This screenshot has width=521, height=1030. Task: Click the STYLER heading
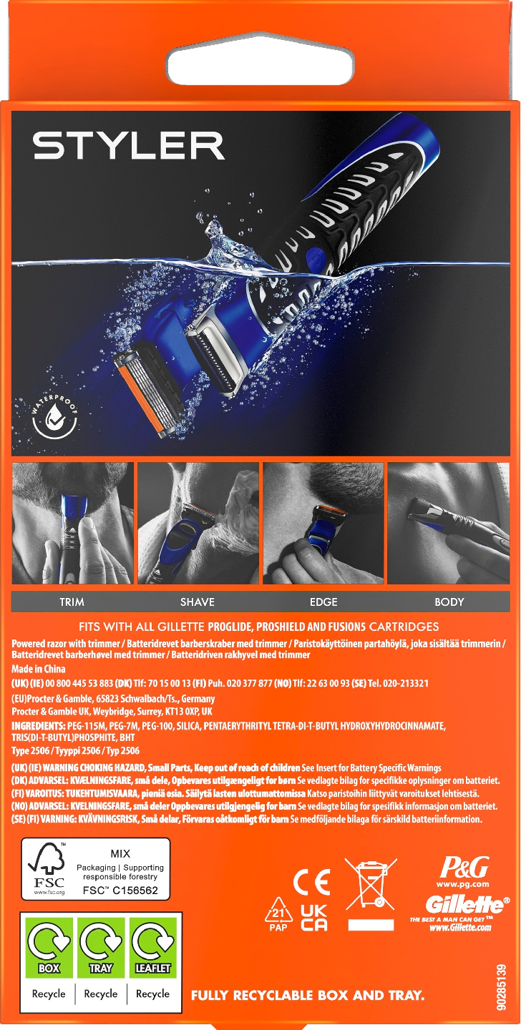click(x=128, y=146)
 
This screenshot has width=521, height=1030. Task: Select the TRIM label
click(x=72, y=602)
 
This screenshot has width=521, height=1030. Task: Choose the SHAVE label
click(x=198, y=602)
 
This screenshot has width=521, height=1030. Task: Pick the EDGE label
click(x=323, y=602)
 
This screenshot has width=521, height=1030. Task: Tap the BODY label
click(x=449, y=602)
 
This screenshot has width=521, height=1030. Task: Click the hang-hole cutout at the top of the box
click(x=260, y=65)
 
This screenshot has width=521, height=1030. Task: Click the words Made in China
click(x=39, y=669)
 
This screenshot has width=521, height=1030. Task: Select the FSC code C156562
click(x=120, y=891)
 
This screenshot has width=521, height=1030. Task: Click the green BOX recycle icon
click(x=49, y=947)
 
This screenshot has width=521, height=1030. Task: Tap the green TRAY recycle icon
click(x=101, y=947)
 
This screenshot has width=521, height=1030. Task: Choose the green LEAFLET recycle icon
click(x=153, y=947)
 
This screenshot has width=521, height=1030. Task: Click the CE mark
click(x=311, y=882)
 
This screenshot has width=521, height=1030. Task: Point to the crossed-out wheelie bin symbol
click(x=371, y=884)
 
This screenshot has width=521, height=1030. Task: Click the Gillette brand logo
click(x=467, y=905)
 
